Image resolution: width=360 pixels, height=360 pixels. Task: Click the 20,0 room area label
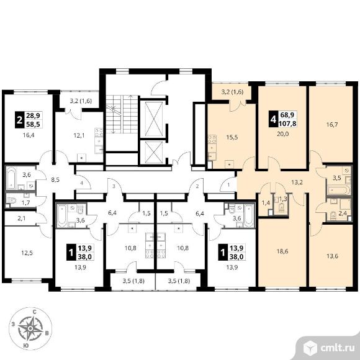click(x=282, y=134)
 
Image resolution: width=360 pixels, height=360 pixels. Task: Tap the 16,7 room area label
click(x=332, y=125)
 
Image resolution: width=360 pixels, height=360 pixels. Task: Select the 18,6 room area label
click(x=282, y=251)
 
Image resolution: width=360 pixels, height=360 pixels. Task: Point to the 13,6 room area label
click(x=332, y=256)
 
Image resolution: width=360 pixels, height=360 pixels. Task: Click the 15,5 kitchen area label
click(x=232, y=138)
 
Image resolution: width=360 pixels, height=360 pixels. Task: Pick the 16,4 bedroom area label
click(x=29, y=135)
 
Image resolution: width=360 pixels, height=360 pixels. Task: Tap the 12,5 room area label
click(x=27, y=253)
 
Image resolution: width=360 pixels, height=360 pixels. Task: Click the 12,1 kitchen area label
click(x=79, y=136)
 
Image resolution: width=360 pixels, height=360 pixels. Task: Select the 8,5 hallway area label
click(x=55, y=179)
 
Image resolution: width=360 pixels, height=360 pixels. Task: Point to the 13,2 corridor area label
click(x=297, y=182)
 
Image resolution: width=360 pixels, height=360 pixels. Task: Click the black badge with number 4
click(x=273, y=119)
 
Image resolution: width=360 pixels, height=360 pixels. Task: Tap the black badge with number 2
click(x=19, y=120)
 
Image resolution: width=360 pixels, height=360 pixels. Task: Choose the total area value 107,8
click(x=287, y=124)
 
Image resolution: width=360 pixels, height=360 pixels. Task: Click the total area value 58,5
click(x=33, y=124)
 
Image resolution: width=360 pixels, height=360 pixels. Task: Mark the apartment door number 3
click(x=114, y=186)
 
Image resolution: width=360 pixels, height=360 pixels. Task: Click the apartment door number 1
click(x=228, y=184)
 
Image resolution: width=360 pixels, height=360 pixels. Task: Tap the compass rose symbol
click(x=30, y=328)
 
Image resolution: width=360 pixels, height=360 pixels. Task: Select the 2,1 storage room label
click(x=22, y=218)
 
